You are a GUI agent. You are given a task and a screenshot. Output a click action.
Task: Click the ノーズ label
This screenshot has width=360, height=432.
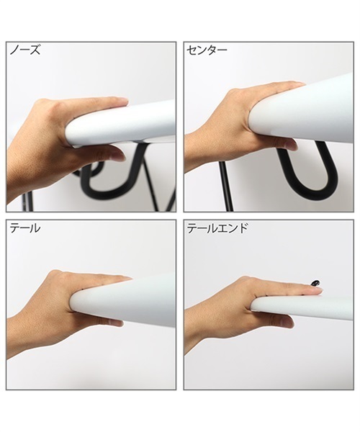[x=25, y=50]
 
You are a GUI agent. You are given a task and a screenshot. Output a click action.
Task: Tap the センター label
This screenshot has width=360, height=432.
[x=207, y=50]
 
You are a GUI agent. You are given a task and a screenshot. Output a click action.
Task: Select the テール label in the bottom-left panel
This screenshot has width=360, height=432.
[x=25, y=228]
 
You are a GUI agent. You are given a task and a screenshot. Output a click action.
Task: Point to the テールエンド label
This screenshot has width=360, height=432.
[x=217, y=228]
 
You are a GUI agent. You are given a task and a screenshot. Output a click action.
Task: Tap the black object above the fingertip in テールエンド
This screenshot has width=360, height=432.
[x=315, y=283]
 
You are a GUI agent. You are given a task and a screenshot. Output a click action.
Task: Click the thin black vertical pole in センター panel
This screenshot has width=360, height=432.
[x=227, y=186]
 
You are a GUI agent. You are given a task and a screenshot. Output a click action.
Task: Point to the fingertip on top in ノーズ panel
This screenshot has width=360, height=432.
[x=121, y=102]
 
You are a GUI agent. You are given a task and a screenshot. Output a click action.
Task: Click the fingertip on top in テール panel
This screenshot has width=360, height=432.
[x=124, y=278]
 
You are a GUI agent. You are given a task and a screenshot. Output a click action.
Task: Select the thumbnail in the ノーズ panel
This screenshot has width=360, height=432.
[x=118, y=156]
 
